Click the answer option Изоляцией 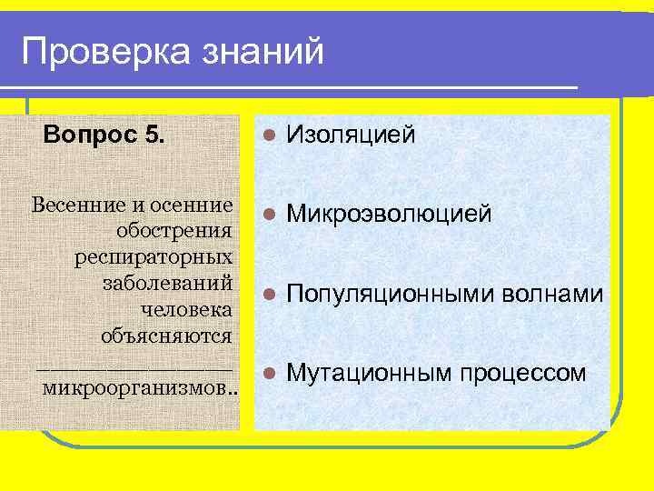click(351, 135)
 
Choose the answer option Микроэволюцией click(389, 215)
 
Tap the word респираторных click(153, 256)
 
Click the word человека click(186, 309)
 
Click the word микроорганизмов click(136, 389)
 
